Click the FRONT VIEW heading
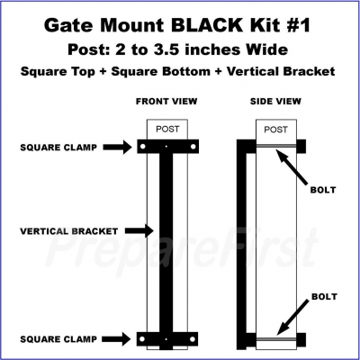point(166,102)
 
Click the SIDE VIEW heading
point(275,102)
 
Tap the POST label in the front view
point(167,130)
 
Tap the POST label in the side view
point(275,130)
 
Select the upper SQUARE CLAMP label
point(58,148)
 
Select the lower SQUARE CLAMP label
point(58,339)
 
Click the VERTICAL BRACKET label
point(69,231)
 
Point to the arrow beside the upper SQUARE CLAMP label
point(117,147)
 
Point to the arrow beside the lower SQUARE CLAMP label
point(116,339)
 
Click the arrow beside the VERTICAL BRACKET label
point(139,230)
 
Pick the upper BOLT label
point(323,190)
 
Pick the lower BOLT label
point(324,297)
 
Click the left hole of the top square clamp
point(143,147)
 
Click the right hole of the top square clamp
point(193,147)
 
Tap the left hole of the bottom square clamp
point(142,339)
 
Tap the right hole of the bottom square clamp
point(193,339)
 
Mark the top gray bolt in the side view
point(276,146)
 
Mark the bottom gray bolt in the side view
point(276,339)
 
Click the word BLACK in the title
point(207,25)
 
